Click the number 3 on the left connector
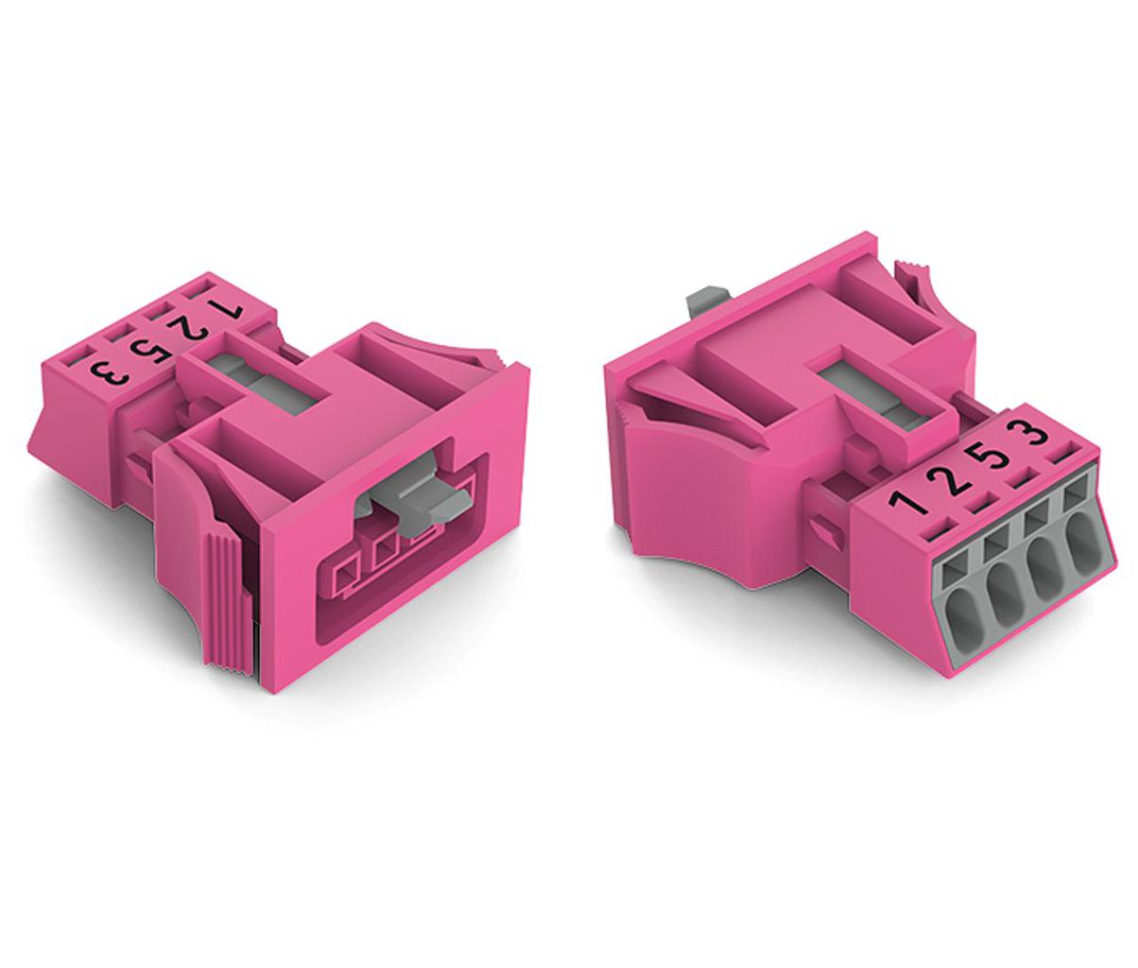(110, 374)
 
